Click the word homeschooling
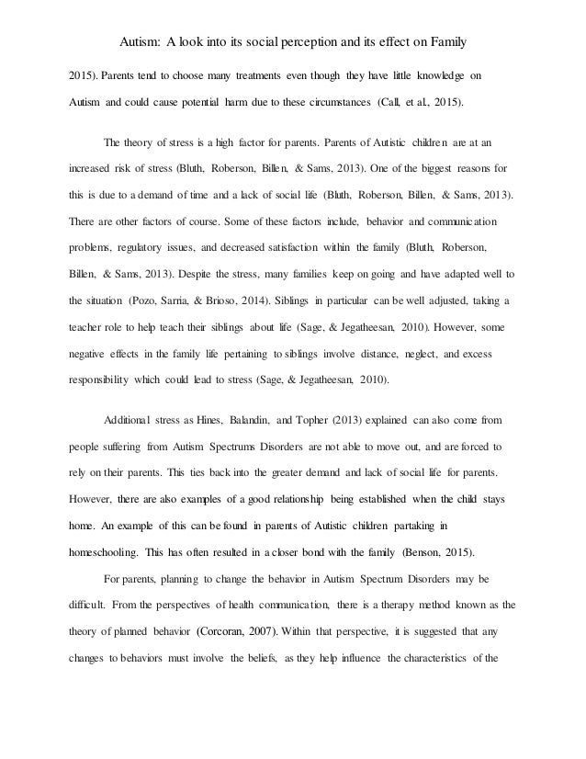pyautogui.click(x=110, y=528)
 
